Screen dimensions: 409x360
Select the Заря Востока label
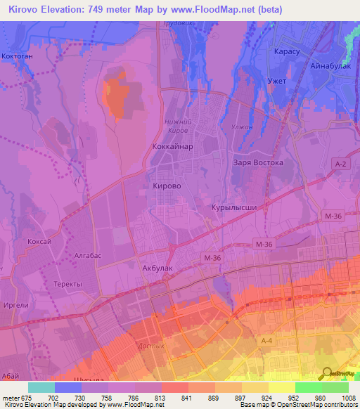coord(257,162)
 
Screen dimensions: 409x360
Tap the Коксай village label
coord(39,240)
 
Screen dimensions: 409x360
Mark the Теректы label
coord(67,283)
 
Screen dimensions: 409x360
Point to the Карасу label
coord(286,52)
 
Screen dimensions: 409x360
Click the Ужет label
coord(277,82)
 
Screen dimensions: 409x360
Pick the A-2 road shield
coord(340,163)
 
